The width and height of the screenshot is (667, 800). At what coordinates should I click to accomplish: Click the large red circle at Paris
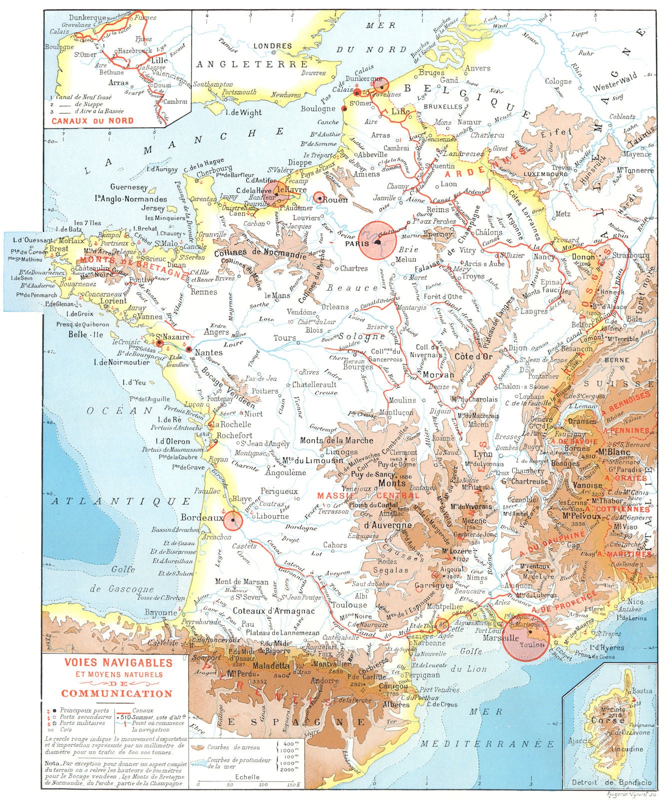click(378, 240)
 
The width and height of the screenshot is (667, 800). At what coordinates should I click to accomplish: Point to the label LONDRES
click(273, 46)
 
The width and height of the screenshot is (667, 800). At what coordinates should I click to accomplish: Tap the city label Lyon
click(483, 454)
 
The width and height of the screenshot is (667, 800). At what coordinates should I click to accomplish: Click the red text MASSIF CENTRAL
click(368, 495)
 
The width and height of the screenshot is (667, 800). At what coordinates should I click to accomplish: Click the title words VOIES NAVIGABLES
click(118, 662)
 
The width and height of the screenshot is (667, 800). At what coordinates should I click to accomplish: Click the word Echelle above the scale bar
click(247, 776)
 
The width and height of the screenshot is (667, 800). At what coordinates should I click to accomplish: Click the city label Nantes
click(208, 352)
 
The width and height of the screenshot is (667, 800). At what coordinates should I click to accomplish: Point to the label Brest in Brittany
click(59, 248)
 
